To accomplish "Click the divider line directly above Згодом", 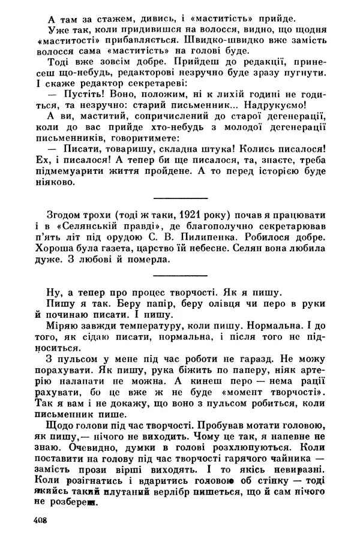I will pyautogui.click(x=181, y=197).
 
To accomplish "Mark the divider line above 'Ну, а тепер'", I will pyautogui.click(x=181, y=275).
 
